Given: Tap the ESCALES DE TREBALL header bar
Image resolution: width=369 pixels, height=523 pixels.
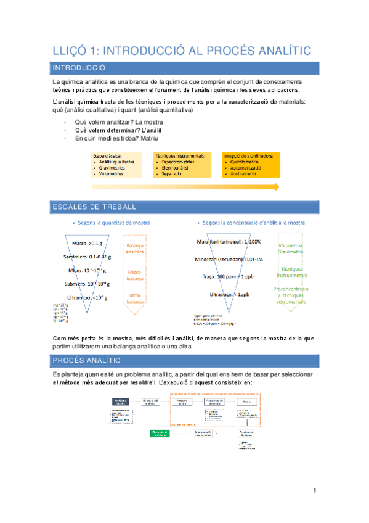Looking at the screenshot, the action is tap(184, 207).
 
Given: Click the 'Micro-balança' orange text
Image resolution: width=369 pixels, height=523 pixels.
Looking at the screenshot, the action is tap(136, 275).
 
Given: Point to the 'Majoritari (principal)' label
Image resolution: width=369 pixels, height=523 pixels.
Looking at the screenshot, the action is tap(227, 241).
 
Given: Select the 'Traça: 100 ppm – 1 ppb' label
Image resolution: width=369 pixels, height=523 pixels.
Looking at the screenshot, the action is tap(227, 277).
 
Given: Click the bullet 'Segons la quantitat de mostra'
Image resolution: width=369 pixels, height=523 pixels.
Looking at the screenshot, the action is tap(114, 223).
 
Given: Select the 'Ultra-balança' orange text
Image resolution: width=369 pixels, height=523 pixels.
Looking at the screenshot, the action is tap(136, 299).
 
